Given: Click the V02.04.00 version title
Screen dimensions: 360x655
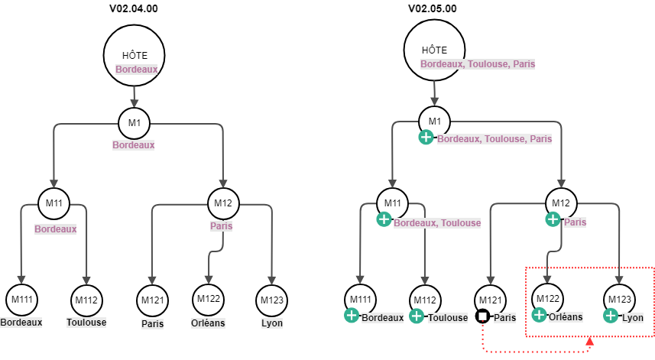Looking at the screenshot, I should (134, 9).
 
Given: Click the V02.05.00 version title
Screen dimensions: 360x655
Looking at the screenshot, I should (433, 9).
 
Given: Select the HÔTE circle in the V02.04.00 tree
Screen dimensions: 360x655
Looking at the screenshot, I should (135, 54).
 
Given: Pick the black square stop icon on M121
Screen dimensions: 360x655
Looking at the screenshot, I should (482, 316).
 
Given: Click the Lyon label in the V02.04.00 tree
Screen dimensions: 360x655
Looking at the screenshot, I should (271, 323).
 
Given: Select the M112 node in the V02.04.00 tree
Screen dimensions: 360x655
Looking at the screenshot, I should (86, 299).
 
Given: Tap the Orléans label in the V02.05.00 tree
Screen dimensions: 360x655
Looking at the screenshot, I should (566, 317).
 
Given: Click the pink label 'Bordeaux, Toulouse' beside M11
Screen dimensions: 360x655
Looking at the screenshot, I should (437, 222).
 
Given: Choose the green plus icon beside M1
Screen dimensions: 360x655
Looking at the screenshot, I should (426, 137).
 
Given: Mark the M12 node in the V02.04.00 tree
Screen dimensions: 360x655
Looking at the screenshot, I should (223, 203).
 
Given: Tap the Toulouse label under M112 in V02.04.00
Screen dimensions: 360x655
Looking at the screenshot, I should (86, 322).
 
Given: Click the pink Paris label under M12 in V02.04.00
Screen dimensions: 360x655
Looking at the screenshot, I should (222, 226).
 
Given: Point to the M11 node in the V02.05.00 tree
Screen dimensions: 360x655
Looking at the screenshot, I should (392, 203).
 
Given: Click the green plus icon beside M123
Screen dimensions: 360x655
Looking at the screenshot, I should (611, 315).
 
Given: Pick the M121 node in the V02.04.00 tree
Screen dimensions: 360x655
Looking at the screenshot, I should (153, 300).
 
